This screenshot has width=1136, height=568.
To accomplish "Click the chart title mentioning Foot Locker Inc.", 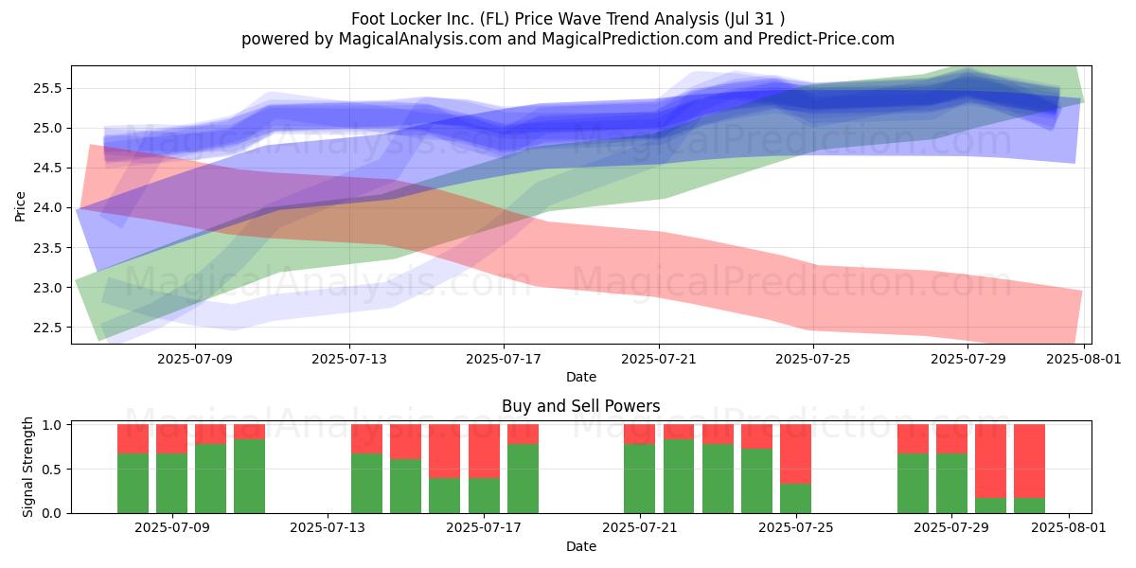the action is [x=567, y=19].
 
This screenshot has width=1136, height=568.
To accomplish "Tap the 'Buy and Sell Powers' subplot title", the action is [x=580, y=406].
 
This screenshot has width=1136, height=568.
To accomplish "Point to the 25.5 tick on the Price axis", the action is [x=47, y=88].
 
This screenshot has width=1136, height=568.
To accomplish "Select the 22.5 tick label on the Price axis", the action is [x=47, y=328].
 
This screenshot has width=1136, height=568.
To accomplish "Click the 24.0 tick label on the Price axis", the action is [x=47, y=208].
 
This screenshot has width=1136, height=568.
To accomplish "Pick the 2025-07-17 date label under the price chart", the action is [x=504, y=359].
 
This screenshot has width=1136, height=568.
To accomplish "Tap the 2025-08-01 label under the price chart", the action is [x=1084, y=359].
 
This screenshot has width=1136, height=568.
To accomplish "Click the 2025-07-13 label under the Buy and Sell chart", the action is [x=328, y=528].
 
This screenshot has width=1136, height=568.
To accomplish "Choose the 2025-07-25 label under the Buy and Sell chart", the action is [x=796, y=528].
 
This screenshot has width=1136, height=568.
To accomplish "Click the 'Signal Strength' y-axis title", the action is [x=27, y=467].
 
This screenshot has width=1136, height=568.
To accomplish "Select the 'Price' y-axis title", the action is [x=20, y=206].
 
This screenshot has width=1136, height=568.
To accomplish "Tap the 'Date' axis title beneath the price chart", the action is [x=580, y=377].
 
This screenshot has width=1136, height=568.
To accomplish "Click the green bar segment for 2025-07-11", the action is [x=249, y=476].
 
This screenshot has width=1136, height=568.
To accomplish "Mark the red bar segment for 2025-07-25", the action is [x=796, y=453].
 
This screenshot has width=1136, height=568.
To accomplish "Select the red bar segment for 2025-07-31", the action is [x=1030, y=462].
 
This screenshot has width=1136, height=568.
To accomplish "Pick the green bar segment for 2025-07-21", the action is [x=640, y=479].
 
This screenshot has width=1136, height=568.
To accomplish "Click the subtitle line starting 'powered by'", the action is [x=567, y=39].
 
